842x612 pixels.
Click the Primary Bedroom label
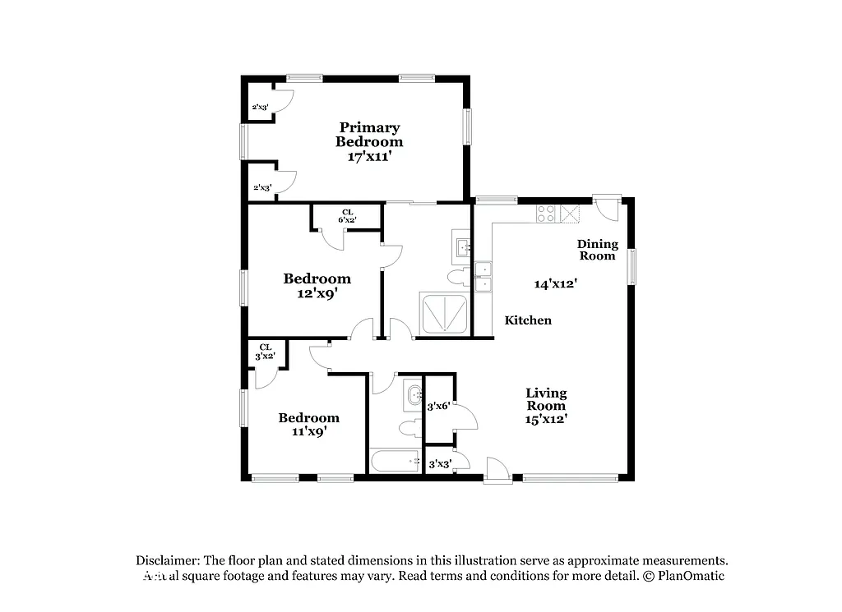tap(369, 135)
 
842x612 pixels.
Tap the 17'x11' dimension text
tap(369, 156)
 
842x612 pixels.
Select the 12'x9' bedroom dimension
tap(317, 292)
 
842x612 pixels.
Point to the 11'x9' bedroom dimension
tap(308, 431)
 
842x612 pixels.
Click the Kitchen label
tap(528, 320)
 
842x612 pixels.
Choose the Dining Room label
tap(597, 250)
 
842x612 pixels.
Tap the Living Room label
tap(547, 399)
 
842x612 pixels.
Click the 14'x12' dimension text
tap(555, 284)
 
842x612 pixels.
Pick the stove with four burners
tap(547, 214)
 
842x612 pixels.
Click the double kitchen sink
tap(483, 276)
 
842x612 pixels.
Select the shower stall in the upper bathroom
tap(444, 313)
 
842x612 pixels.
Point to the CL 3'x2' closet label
tap(265, 352)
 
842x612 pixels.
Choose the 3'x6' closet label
tap(437, 406)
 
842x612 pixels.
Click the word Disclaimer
tap(167, 560)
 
